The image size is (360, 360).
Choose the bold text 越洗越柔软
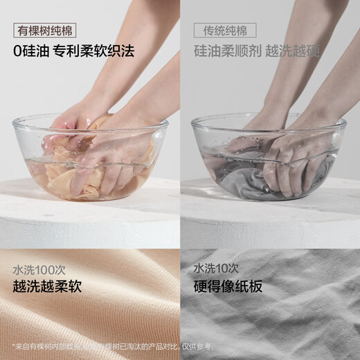click(x=47, y=286)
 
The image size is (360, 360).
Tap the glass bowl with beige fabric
click(x=90, y=159)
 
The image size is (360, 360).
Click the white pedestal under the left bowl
click(x=90, y=222)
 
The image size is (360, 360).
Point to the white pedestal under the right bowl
click(x=270, y=222)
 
